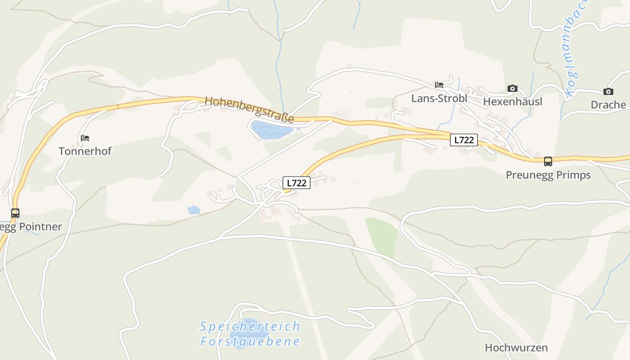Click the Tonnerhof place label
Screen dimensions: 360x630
tap(85, 151)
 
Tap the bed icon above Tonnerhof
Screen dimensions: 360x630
tap(85, 138)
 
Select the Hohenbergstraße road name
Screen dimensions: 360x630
tap(249, 109)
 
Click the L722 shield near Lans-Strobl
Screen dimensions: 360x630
tap(463, 140)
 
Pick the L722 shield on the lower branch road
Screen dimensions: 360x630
tap(297, 183)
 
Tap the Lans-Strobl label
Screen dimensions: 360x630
tap(439, 99)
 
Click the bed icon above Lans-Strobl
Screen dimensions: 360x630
tap(439, 85)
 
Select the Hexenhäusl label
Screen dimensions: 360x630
tap(513, 102)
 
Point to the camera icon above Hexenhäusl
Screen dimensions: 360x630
tap(513, 89)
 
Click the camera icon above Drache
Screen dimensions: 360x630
tap(608, 92)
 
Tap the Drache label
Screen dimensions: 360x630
tap(608, 105)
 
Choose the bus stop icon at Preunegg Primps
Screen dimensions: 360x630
tap(548, 162)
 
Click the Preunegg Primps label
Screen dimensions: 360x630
tap(548, 175)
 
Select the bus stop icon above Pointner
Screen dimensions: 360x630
tap(15, 213)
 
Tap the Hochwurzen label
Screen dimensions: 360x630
tap(516, 347)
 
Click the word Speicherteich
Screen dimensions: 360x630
tap(250, 326)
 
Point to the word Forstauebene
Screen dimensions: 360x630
tap(250, 342)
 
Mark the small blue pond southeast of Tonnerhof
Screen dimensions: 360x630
tap(194, 210)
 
